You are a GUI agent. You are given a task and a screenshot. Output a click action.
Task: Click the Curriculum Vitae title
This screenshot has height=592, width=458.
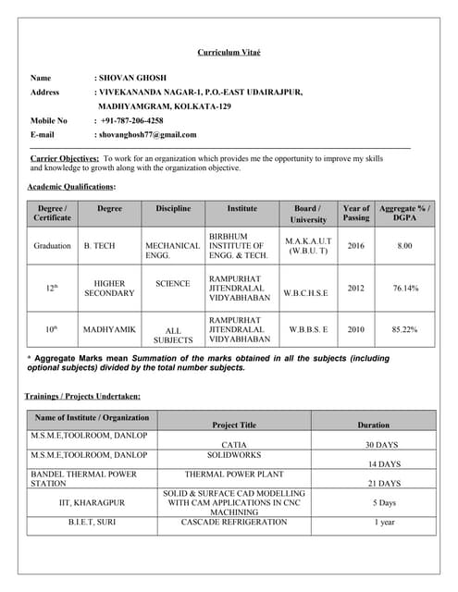click(x=229, y=53)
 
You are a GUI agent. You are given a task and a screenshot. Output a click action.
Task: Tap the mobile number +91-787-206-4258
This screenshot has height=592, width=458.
click(x=132, y=120)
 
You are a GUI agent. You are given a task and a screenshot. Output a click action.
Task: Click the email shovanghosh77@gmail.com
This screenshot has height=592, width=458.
click(x=148, y=134)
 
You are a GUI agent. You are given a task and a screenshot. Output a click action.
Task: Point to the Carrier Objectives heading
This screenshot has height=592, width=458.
click(x=65, y=159)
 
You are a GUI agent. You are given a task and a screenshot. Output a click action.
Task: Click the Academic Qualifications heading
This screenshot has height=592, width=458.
click(x=72, y=188)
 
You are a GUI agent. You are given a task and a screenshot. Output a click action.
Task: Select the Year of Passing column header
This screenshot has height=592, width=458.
click(x=356, y=214)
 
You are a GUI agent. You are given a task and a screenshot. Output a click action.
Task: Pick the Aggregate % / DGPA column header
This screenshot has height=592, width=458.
click(x=404, y=214)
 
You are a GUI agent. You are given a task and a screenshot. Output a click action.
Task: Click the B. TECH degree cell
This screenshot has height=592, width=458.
click(x=100, y=246)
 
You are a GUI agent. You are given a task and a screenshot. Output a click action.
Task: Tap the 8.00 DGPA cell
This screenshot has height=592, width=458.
click(x=404, y=246)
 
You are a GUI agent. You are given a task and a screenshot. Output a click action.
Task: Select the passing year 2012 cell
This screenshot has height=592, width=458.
click(x=356, y=288)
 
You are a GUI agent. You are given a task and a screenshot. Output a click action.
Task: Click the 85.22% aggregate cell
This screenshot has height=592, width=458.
click(x=404, y=329)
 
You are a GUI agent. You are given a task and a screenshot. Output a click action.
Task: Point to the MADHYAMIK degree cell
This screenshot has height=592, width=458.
click(x=109, y=329)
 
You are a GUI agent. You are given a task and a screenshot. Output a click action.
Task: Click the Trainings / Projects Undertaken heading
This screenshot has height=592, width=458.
click(x=82, y=396)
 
